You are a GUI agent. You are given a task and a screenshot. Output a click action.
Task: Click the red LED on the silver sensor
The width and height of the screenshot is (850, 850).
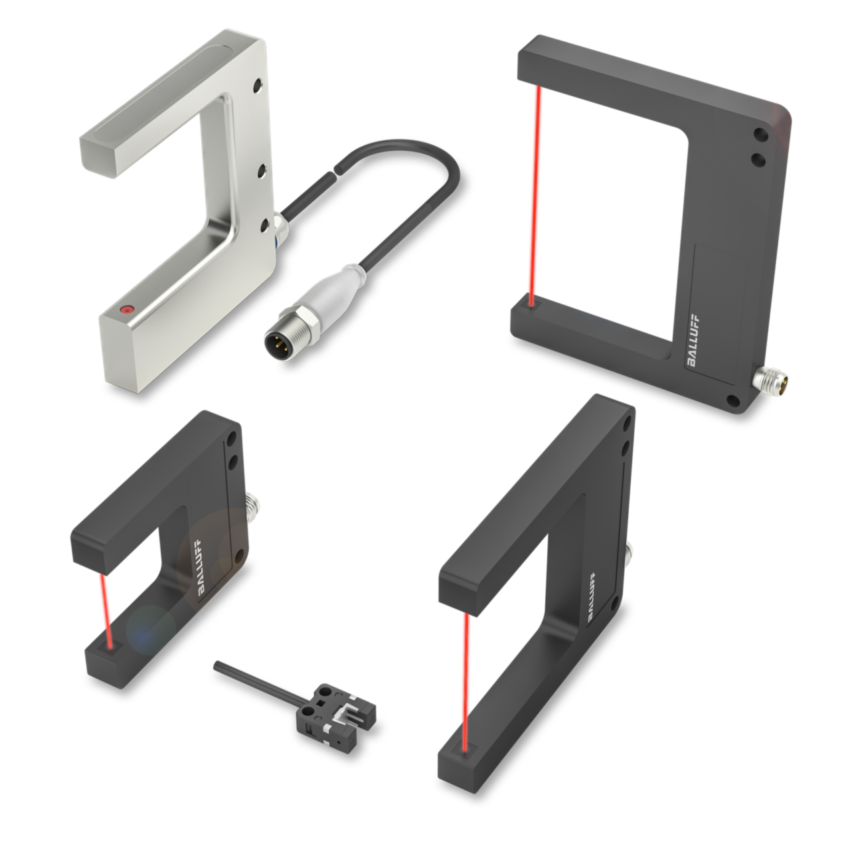pyautogui.click(x=127, y=309)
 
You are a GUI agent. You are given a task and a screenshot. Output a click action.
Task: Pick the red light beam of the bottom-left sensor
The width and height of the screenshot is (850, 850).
pyautogui.click(x=106, y=610)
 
